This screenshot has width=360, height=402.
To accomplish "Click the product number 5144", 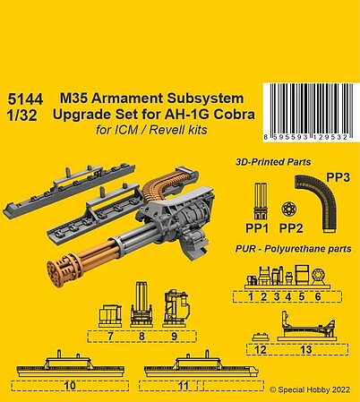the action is tap(26, 99).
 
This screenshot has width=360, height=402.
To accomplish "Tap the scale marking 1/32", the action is tap(23, 115).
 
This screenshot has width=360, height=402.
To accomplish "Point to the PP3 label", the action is tap(338, 178).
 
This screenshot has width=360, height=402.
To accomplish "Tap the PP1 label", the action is tap(257, 228).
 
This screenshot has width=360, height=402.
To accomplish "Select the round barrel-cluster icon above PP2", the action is tap(289, 210).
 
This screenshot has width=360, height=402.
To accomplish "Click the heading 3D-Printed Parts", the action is tap(273, 162).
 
